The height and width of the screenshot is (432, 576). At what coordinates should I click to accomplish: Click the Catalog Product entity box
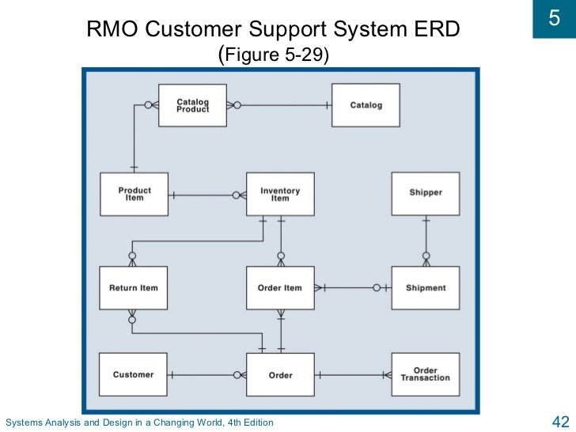[192, 105]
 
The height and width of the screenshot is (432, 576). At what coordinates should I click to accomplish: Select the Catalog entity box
[366, 105]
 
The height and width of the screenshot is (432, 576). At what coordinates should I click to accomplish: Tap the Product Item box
[134, 194]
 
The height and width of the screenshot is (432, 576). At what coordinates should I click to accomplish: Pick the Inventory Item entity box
[280, 194]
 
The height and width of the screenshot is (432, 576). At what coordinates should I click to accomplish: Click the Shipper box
[426, 193]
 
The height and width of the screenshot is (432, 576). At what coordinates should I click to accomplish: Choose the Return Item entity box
[133, 288]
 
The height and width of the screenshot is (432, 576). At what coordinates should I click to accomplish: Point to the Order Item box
[280, 288]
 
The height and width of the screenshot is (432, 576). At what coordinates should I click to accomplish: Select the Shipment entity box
[426, 288]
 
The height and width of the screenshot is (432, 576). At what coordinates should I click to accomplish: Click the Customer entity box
[133, 375]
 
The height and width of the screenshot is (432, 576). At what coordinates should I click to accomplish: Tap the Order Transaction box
[426, 375]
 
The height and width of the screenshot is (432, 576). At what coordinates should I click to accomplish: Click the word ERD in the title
[433, 31]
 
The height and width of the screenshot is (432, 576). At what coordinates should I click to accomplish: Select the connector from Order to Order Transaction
[352, 375]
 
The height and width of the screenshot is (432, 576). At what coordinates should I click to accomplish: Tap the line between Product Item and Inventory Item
[202, 195]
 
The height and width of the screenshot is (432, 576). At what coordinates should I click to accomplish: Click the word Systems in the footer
[24, 423]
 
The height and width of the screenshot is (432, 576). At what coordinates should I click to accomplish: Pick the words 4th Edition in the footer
[246, 423]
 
